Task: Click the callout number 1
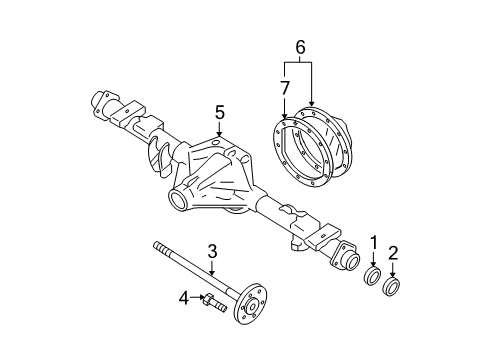373,241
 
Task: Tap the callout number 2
393,252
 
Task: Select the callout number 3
212,250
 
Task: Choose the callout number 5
219,111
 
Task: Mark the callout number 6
298,45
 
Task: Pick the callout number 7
285,89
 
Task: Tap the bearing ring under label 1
373,276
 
